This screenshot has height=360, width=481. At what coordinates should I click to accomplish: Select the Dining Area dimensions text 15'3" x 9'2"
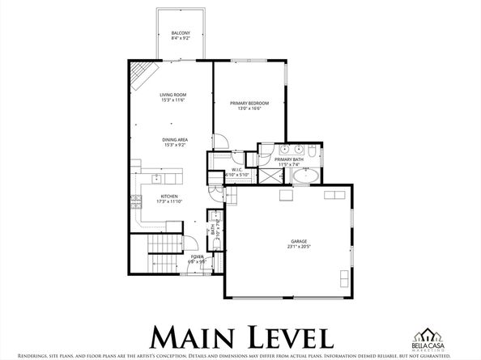pos(176,145)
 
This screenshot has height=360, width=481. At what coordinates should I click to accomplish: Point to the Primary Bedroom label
pos(249,103)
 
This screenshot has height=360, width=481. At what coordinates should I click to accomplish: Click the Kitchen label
pos(168,197)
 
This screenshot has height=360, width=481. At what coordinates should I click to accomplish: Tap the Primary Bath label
pos(288,160)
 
